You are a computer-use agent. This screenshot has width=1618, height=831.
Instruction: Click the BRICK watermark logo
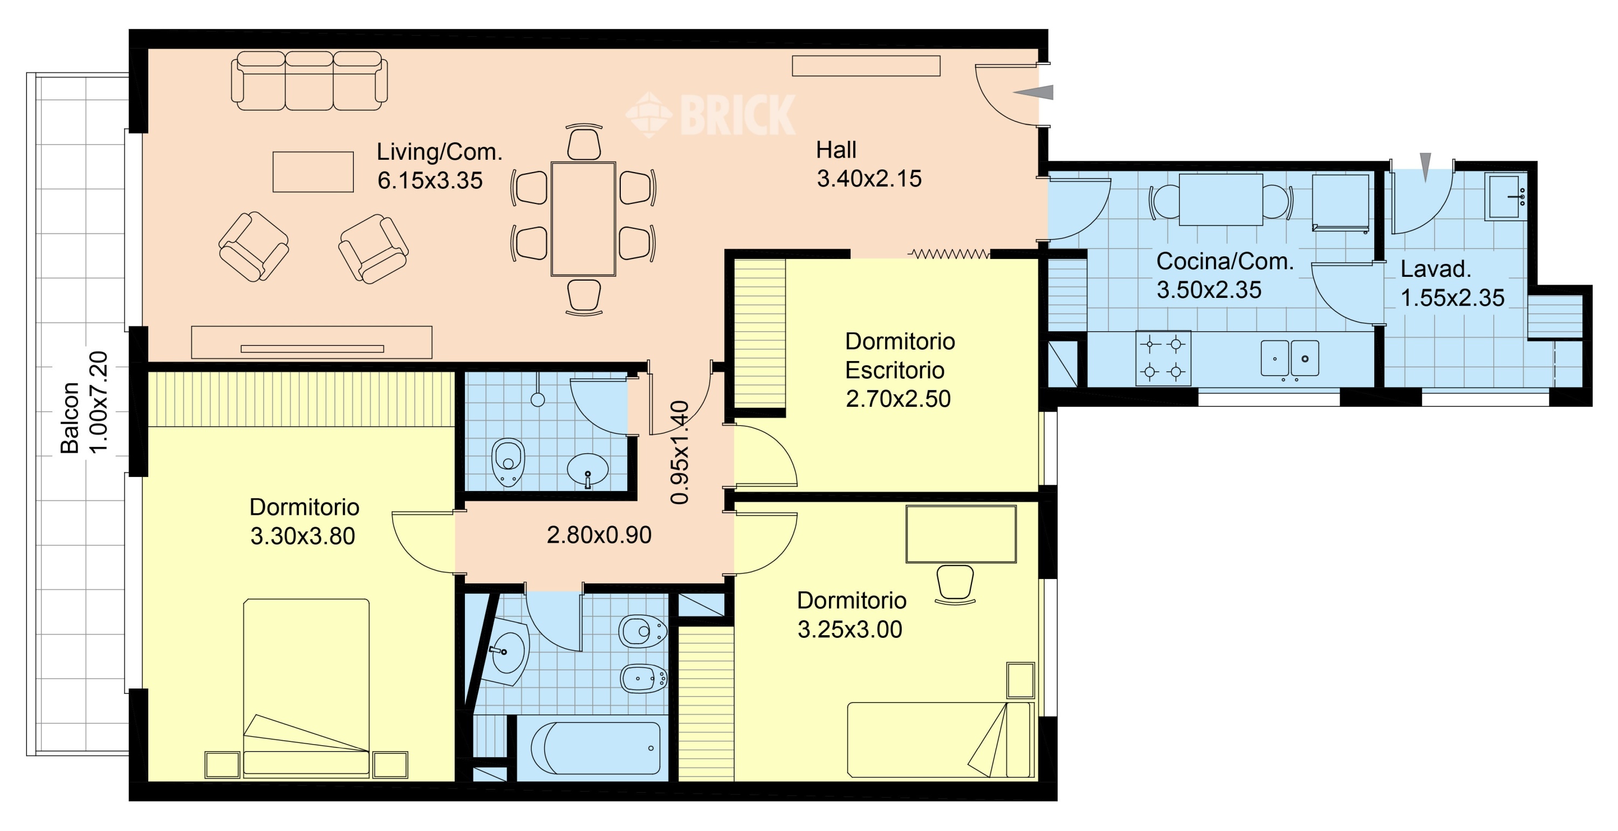pyautogui.click(x=710, y=114)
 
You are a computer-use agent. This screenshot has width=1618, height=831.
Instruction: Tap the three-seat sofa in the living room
pyautogui.click(x=309, y=81)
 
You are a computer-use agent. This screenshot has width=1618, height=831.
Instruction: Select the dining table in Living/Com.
pyautogui.click(x=583, y=219)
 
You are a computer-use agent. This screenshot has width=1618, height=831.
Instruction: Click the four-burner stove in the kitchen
pyautogui.click(x=1163, y=358)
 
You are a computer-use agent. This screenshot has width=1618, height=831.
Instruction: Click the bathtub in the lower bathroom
pyautogui.click(x=595, y=748)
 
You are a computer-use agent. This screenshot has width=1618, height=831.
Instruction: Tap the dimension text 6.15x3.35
pyautogui.click(x=430, y=180)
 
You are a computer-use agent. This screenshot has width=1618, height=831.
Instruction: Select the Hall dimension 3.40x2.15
pyautogui.click(x=869, y=179)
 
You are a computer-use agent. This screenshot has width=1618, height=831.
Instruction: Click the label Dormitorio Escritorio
pyautogui.click(x=900, y=356)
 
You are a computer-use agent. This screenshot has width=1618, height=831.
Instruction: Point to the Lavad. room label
pyautogui.click(x=1436, y=269)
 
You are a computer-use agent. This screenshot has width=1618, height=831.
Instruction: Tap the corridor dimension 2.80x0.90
pyautogui.click(x=599, y=535)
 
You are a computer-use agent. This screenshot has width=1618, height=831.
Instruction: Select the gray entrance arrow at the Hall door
pyautogui.click(x=1033, y=92)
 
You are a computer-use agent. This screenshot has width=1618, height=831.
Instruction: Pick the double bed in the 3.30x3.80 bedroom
pyautogui.click(x=306, y=687)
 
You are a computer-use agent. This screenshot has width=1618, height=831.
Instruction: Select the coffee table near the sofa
pyautogui.click(x=313, y=172)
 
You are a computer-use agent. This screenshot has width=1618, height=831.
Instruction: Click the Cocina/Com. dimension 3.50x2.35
pyautogui.click(x=1209, y=290)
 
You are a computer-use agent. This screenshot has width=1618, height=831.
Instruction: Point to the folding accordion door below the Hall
pyautogui.click(x=949, y=254)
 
